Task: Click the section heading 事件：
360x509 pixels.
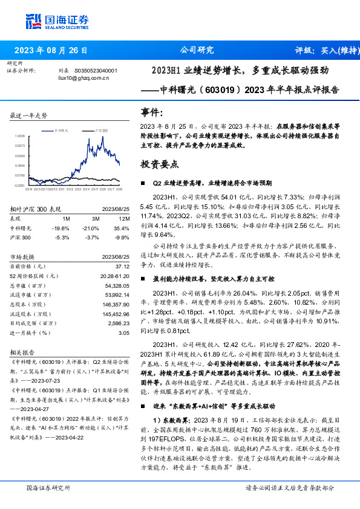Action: coord(152,112)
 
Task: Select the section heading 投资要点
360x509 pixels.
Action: coord(160,164)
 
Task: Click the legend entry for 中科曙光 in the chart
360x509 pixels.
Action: coord(64,130)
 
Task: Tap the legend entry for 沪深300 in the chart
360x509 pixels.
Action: coord(100,130)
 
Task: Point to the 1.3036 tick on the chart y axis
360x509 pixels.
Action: coord(20,136)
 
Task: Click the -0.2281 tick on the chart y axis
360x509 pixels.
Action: coord(20,185)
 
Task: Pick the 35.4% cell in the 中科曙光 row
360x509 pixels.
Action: coord(122,229)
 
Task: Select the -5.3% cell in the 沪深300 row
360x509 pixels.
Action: coord(64,237)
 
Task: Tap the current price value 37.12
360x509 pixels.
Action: coord(122,266)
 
